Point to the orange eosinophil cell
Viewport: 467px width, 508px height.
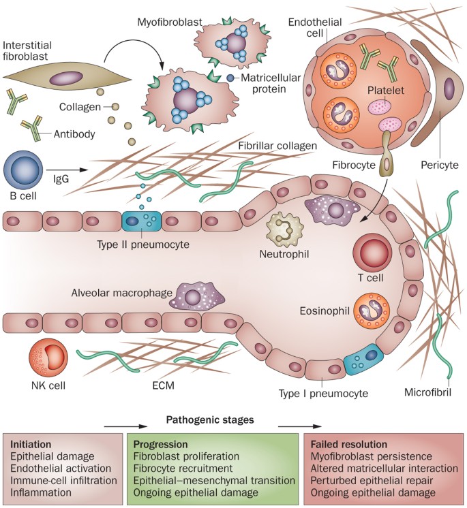[373, 312]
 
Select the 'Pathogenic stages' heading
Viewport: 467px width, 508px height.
[211, 421]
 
